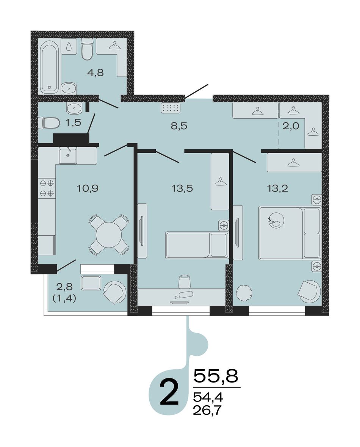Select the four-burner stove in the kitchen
[47, 188]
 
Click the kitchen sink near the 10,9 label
[68, 156]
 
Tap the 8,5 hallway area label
[179, 125]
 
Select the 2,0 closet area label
[291, 125]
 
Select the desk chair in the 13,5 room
[185, 282]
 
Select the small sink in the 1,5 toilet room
[74, 108]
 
